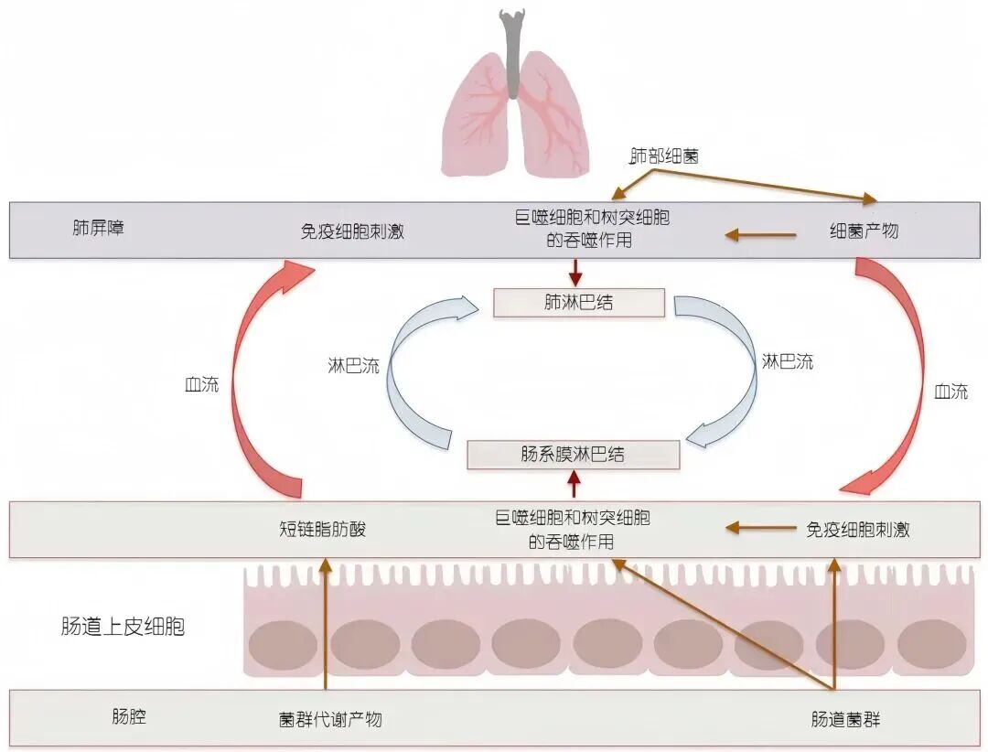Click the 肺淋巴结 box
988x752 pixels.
pyautogui.click(x=578, y=303)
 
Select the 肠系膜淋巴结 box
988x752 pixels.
pyautogui.click(x=573, y=455)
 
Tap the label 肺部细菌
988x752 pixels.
pyautogui.click(x=665, y=156)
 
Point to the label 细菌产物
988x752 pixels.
pyautogui.click(x=864, y=231)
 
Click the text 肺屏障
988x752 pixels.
pyautogui.click(x=98, y=228)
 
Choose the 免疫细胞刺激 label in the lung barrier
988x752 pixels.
pyautogui.click(x=352, y=231)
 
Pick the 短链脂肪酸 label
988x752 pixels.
pyautogui.click(x=322, y=529)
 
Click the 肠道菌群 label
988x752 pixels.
pyautogui.click(x=845, y=719)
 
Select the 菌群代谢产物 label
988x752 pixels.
pyautogui.click(x=330, y=719)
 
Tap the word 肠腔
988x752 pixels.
pyautogui.click(x=129, y=716)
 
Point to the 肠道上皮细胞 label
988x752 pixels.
pyautogui.click(x=123, y=627)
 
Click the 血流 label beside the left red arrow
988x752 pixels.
pyautogui.click(x=201, y=385)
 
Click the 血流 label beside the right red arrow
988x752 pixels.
pyautogui.click(x=950, y=392)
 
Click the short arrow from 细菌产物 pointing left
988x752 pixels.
pyautogui.click(x=760, y=235)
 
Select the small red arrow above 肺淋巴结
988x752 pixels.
pyautogui.click(x=575, y=273)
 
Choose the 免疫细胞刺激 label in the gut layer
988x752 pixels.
pyautogui.click(x=858, y=529)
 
